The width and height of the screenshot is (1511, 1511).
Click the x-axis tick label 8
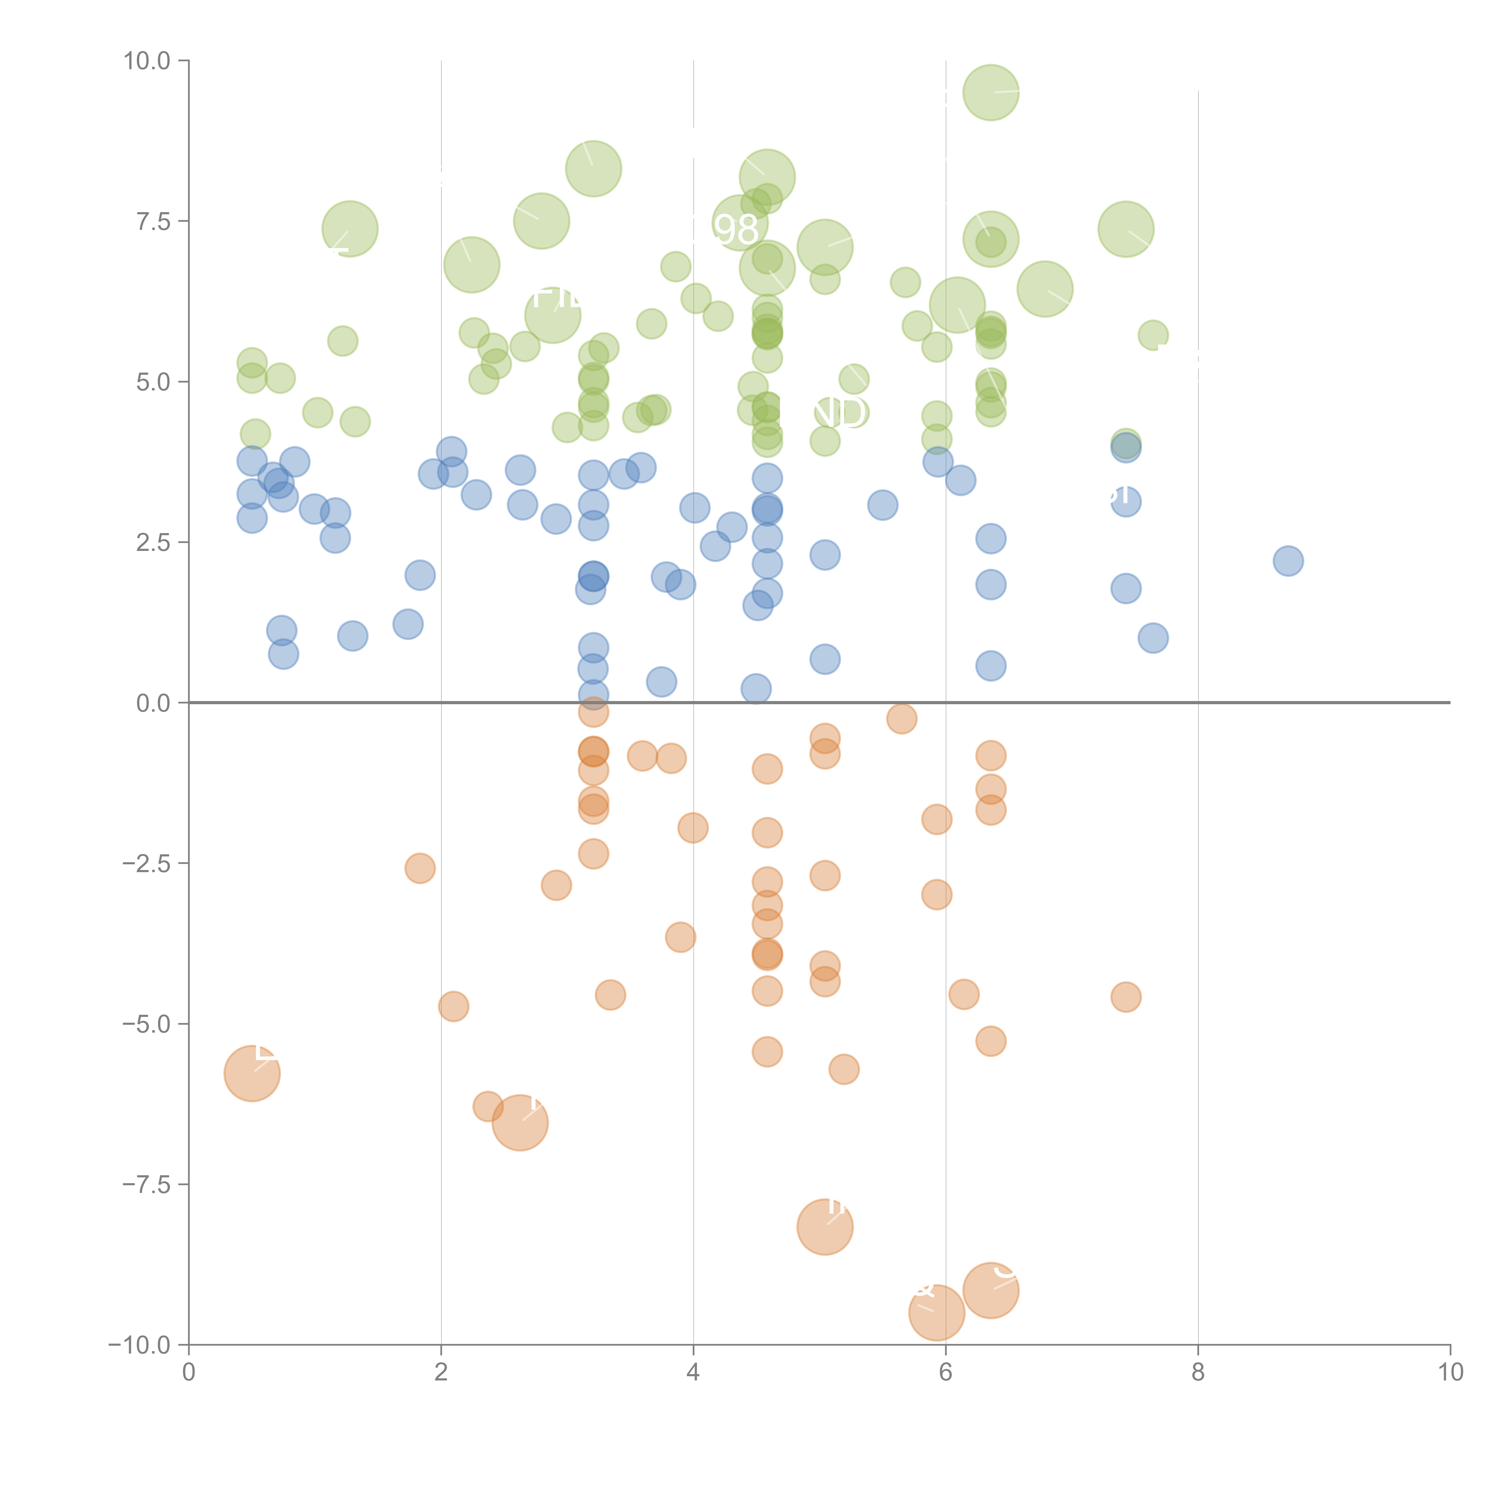tap(1198, 1373)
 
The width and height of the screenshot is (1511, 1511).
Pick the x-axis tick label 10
tap(1450, 1373)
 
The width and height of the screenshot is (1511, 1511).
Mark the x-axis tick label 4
tap(693, 1373)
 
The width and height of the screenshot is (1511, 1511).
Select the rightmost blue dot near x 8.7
tap(1288, 561)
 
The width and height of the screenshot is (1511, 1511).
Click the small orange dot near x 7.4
tap(1125, 996)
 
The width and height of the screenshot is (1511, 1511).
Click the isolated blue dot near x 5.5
tap(882, 505)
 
